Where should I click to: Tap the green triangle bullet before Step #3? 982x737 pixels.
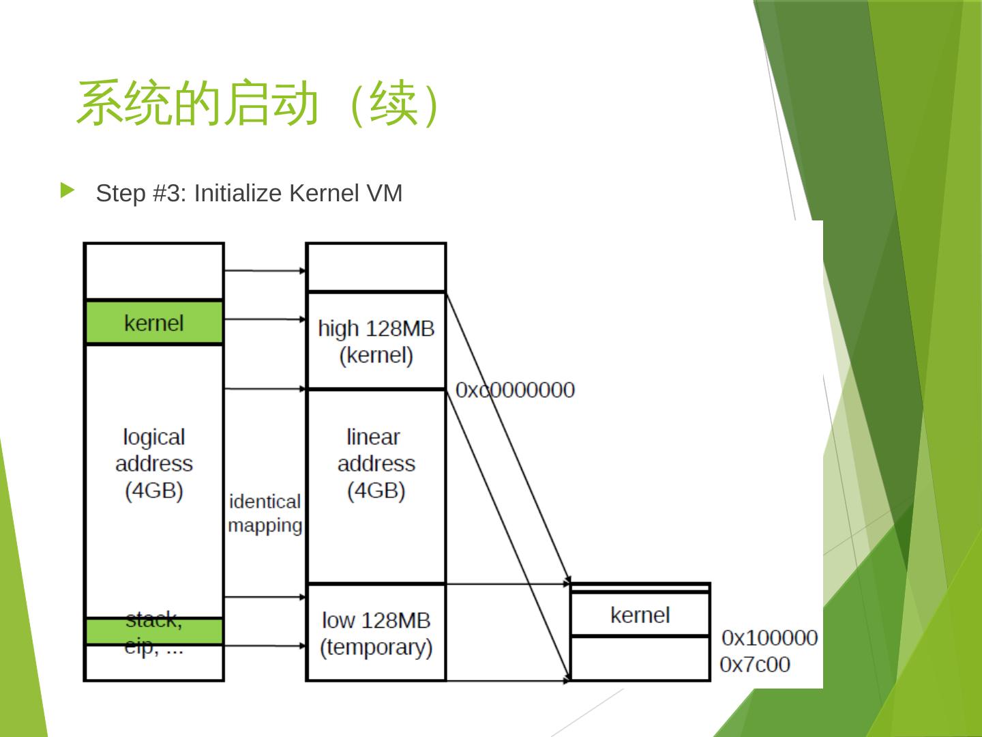click(x=67, y=190)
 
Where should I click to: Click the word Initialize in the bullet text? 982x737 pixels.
click(x=238, y=194)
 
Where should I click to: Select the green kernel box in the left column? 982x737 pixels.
click(x=154, y=322)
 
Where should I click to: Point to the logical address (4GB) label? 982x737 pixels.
click(x=154, y=463)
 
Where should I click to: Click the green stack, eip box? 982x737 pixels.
click(x=154, y=631)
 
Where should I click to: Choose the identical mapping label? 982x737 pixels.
click(x=265, y=513)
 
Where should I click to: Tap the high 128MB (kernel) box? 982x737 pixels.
click(x=376, y=341)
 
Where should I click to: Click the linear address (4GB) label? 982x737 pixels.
click(x=376, y=463)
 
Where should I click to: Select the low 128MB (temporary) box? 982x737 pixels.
click(x=376, y=633)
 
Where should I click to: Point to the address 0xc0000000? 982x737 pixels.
click(x=516, y=390)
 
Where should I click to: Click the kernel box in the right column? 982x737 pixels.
click(x=640, y=615)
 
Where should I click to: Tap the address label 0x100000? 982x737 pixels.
click(x=770, y=638)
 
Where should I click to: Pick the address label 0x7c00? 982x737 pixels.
click(x=755, y=665)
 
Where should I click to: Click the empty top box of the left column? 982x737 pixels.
click(x=154, y=271)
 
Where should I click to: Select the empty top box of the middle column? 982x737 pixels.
click(x=376, y=267)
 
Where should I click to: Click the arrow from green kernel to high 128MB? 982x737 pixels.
click(x=265, y=319)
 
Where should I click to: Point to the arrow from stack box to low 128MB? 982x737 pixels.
click(x=265, y=646)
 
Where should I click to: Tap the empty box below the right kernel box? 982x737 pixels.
click(x=640, y=658)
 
